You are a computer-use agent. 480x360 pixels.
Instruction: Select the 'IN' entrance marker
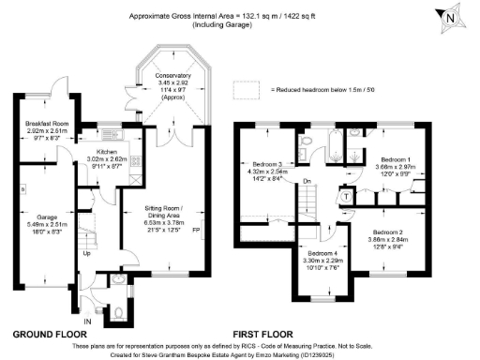[89, 321]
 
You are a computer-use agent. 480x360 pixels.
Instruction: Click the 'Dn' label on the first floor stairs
[307, 181]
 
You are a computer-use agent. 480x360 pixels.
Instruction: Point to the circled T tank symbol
[346, 196]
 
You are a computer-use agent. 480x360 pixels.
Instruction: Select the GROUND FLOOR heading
[51, 334]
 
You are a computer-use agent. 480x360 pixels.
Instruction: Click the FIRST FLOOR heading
[262, 334]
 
